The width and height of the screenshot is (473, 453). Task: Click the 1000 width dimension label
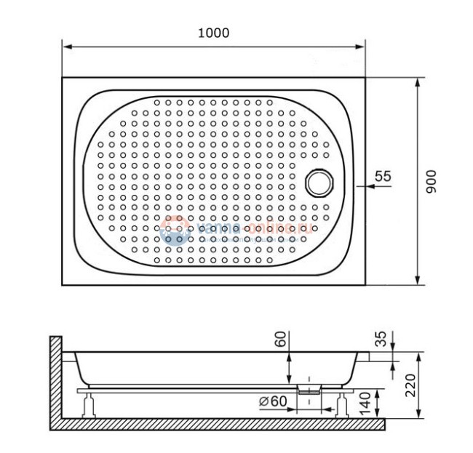(212, 33)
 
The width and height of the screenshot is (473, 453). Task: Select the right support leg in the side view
(343, 404)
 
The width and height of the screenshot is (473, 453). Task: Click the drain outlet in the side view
(310, 388)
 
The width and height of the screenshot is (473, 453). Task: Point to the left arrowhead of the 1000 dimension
(66, 47)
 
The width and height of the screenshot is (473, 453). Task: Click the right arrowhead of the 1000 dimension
(362, 47)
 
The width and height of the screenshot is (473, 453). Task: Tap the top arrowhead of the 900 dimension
(418, 81)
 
